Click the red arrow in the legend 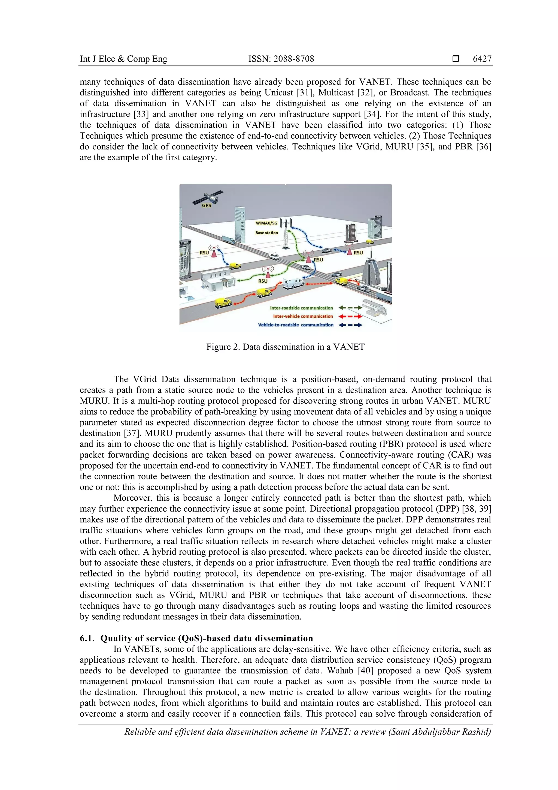pos(350,316)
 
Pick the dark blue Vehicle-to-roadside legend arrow pos(350,325)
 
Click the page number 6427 pos(482,59)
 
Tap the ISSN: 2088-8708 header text pos(281,59)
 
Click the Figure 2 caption pos(285,347)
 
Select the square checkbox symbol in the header pos(456,59)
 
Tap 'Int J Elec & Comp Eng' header pos(123,59)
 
